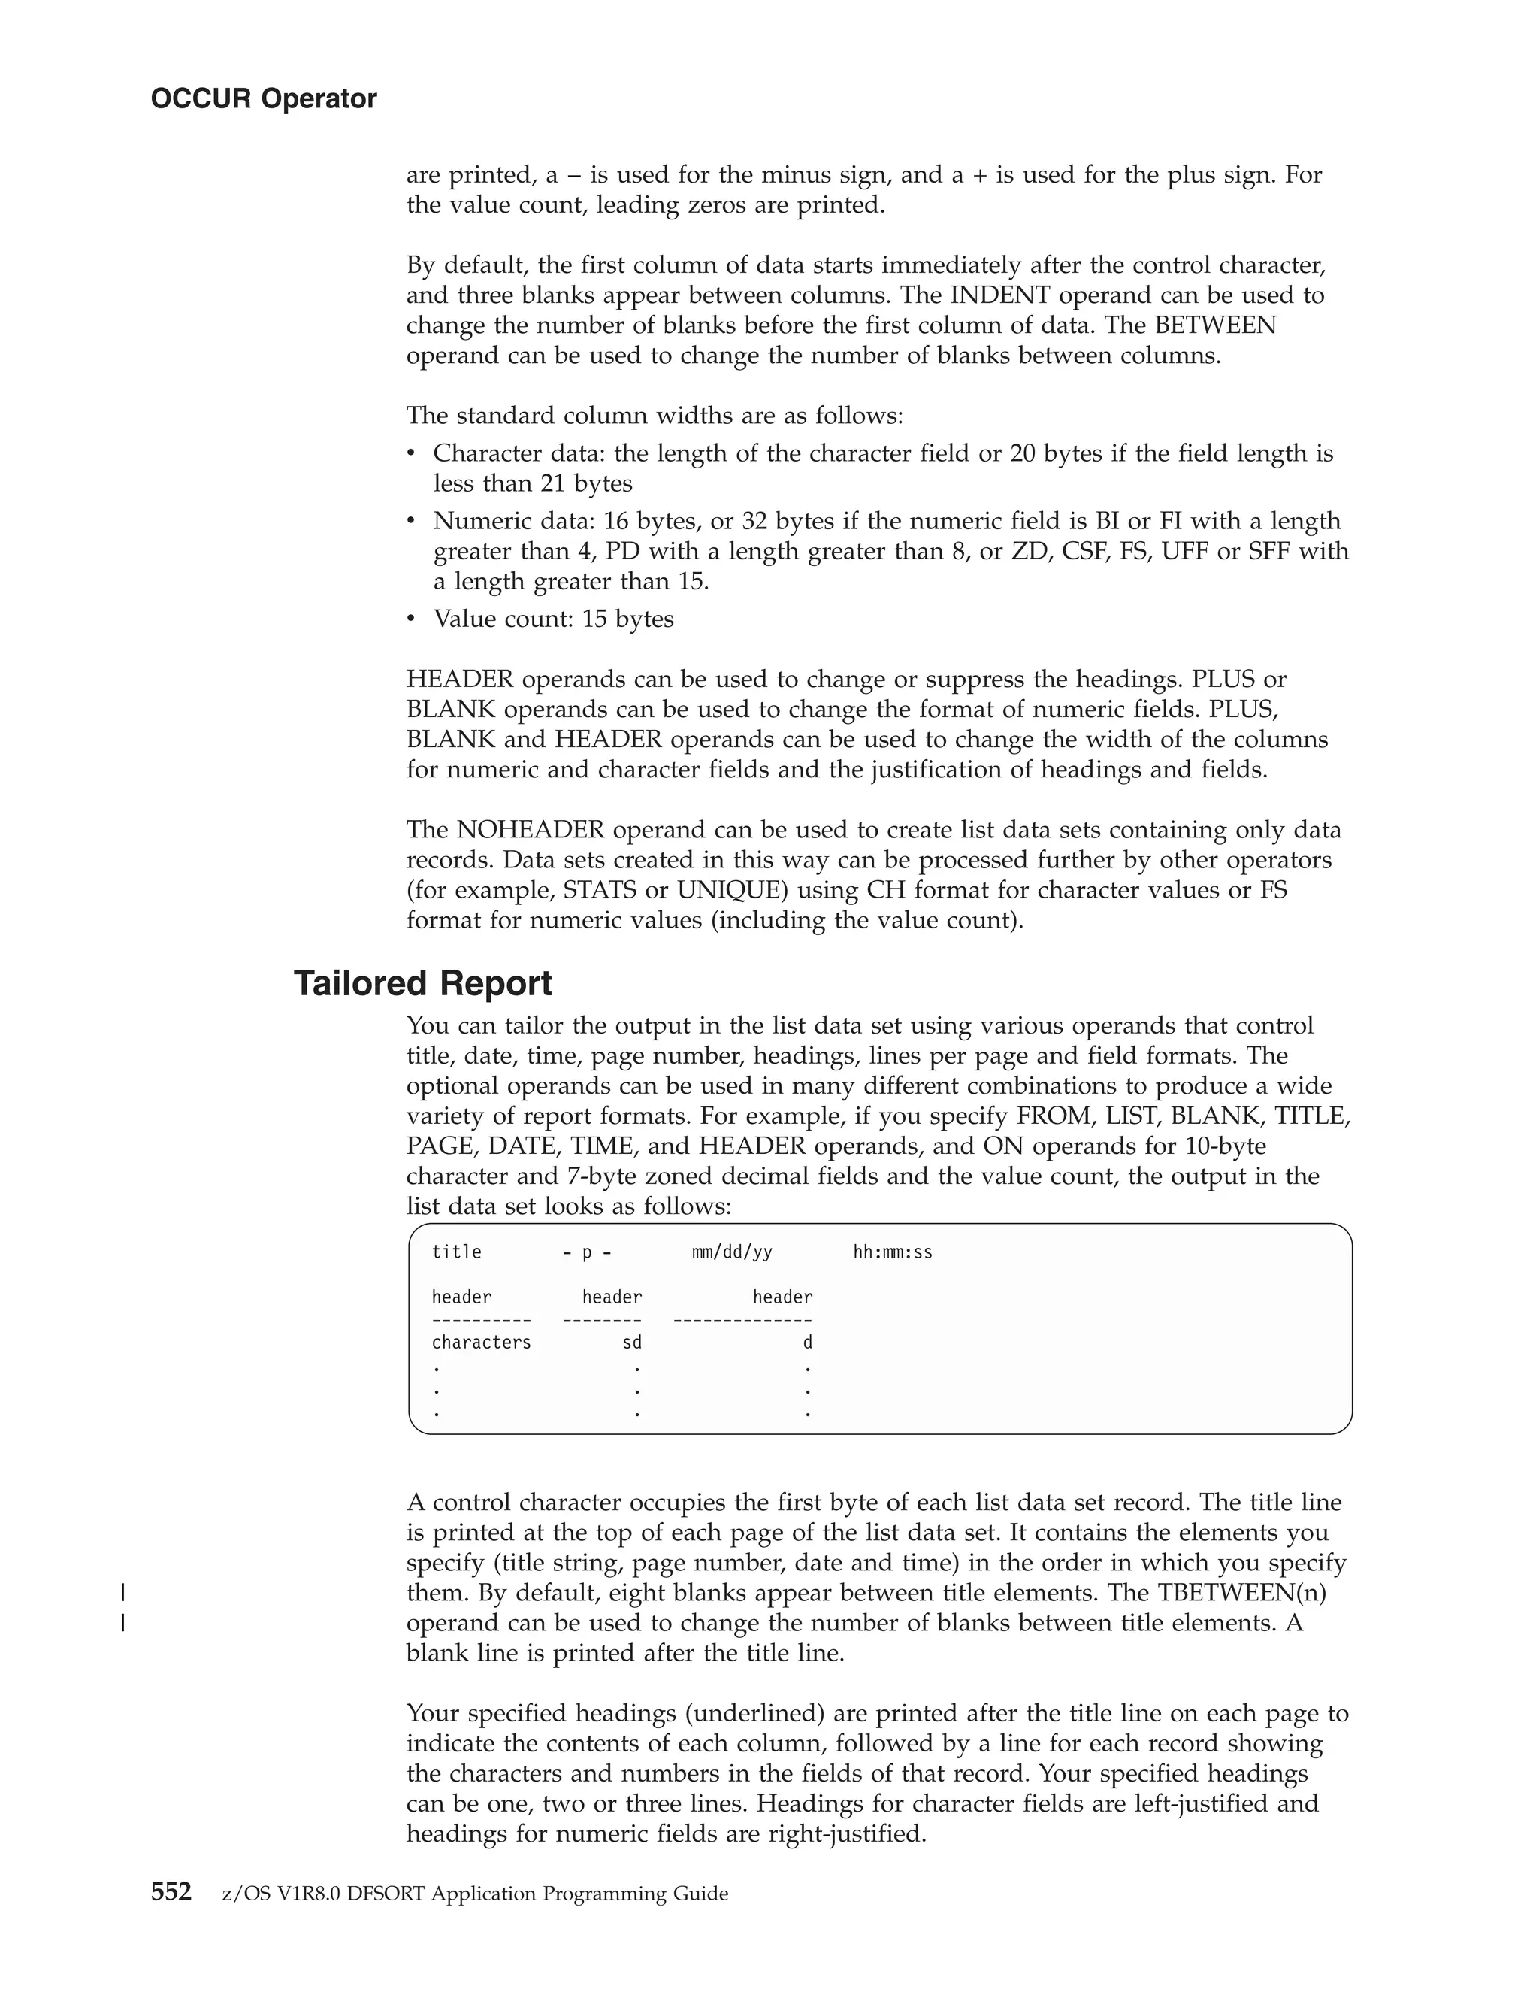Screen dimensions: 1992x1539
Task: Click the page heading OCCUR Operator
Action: point(264,98)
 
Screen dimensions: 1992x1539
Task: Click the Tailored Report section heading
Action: point(422,984)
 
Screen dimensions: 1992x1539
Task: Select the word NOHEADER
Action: point(531,830)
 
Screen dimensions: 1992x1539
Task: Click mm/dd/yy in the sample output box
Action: point(732,1252)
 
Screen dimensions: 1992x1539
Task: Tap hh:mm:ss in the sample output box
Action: point(893,1252)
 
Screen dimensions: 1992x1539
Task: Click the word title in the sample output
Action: point(457,1252)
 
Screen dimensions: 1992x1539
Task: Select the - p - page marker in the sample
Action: point(587,1252)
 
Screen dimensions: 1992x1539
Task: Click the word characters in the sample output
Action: point(482,1343)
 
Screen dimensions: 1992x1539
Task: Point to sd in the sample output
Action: point(632,1343)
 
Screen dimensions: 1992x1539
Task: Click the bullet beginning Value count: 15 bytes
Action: point(553,619)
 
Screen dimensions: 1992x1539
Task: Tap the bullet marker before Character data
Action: point(412,453)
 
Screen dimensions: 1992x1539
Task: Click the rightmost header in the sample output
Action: point(782,1297)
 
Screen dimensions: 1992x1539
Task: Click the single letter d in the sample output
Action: point(807,1343)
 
